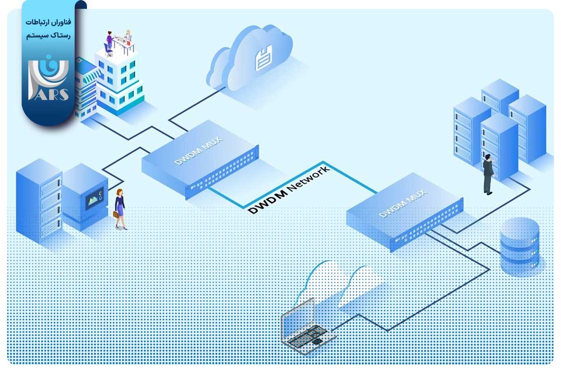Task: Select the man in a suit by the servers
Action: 488,173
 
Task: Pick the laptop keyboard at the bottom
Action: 307,337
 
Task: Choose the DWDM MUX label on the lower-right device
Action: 403,201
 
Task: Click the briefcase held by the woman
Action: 115,215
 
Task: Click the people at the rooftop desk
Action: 119,40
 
